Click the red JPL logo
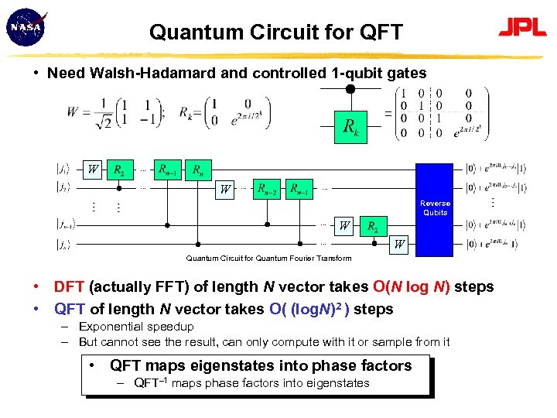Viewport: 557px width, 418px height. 522,28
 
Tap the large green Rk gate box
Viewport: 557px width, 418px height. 350,127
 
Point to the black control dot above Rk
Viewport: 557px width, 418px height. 350,89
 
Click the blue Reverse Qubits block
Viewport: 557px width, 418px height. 435,208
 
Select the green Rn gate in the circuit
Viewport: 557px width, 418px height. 199,169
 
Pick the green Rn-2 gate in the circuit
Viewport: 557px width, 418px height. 268,188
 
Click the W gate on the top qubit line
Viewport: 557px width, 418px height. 93,169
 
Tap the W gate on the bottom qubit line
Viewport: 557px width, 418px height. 399,245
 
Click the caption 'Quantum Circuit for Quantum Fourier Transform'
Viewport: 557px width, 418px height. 268,259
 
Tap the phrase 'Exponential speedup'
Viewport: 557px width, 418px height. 136,327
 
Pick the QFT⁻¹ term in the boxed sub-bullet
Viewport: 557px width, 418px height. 151,382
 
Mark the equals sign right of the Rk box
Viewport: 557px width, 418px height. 387,113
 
